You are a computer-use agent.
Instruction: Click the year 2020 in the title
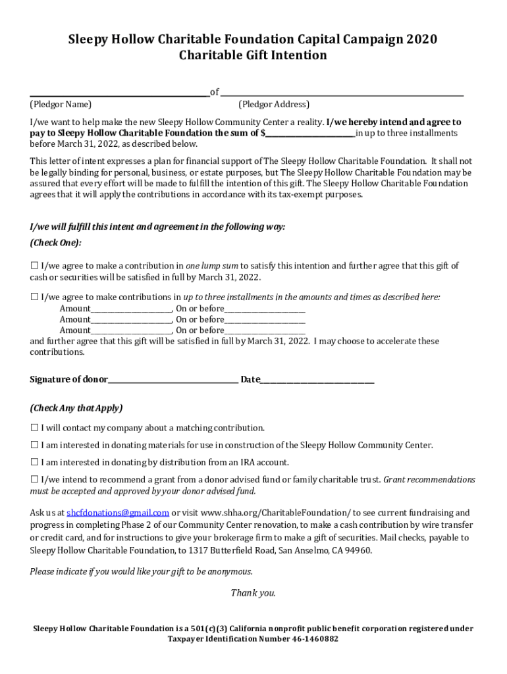[421, 39]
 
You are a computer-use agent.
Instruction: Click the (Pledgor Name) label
[61, 104]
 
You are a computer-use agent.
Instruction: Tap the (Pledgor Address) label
[273, 104]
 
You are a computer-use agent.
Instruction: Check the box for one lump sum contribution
[34, 266]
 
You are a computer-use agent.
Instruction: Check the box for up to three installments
[34, 297]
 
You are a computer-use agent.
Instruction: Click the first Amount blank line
[131, 309]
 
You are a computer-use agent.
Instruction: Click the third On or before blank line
[265, 330]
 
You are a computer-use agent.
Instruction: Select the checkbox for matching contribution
[34, 428]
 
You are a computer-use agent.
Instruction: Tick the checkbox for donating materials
[34, 445]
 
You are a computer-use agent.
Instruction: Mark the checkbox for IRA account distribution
[34, 462]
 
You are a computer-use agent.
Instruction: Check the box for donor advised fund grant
[34, 480]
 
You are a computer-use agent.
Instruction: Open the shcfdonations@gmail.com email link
[118, 513]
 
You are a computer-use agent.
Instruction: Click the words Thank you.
[253, 593]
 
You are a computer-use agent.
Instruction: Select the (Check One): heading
[56, 243]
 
